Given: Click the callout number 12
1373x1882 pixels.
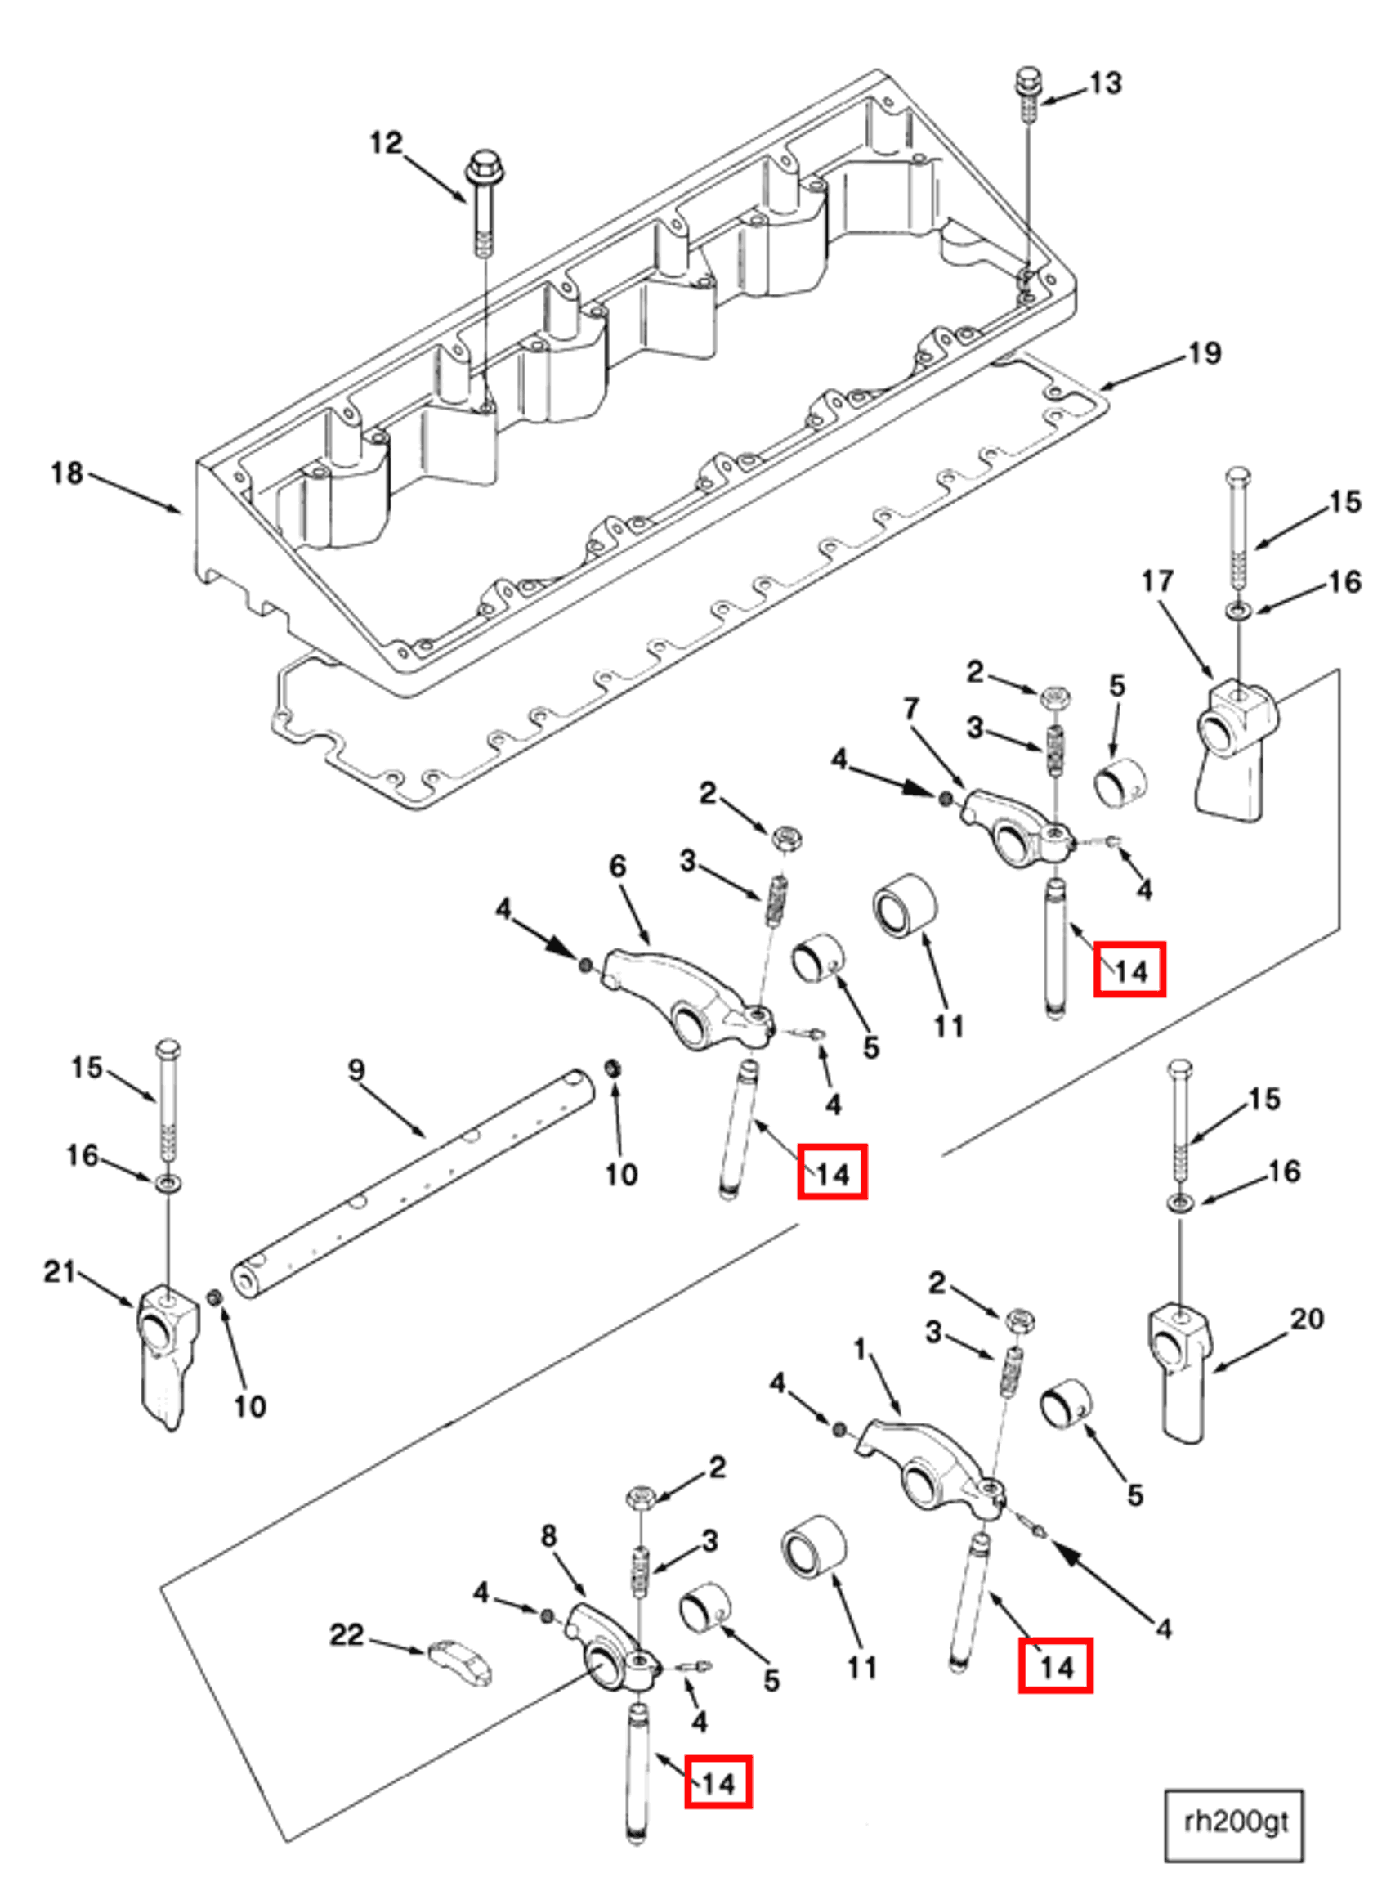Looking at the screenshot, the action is [387, 144].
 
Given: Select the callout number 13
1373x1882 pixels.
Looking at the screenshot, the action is [1106, 84].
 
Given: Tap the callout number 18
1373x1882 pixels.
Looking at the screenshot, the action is [66, 474].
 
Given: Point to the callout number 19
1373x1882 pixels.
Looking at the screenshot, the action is [1205, 354].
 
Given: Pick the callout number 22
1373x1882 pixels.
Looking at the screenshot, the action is [347, 1635].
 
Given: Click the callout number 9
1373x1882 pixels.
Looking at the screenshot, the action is [356, 1070].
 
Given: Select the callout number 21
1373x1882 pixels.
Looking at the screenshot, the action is [59, 1271].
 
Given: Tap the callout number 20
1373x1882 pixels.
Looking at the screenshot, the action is [1307, 1319].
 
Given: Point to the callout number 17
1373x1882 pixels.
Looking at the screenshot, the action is [1157, 581].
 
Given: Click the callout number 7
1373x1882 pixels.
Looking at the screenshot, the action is [912, 709].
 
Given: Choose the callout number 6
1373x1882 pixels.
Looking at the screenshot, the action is [618, 866].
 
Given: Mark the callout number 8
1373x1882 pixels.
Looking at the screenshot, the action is [548, 1535].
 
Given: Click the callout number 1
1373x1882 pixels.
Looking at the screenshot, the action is [861, 1348].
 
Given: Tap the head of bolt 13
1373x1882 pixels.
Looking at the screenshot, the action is [1028, 82].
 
